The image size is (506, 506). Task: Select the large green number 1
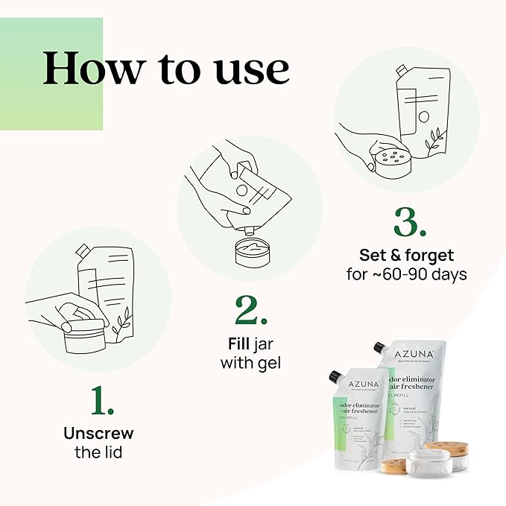coord(103,401)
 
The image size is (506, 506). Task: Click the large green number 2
coord(251,311)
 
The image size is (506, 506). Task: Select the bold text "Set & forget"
coord(406,255)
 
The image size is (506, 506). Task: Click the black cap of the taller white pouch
coord(381,349)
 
